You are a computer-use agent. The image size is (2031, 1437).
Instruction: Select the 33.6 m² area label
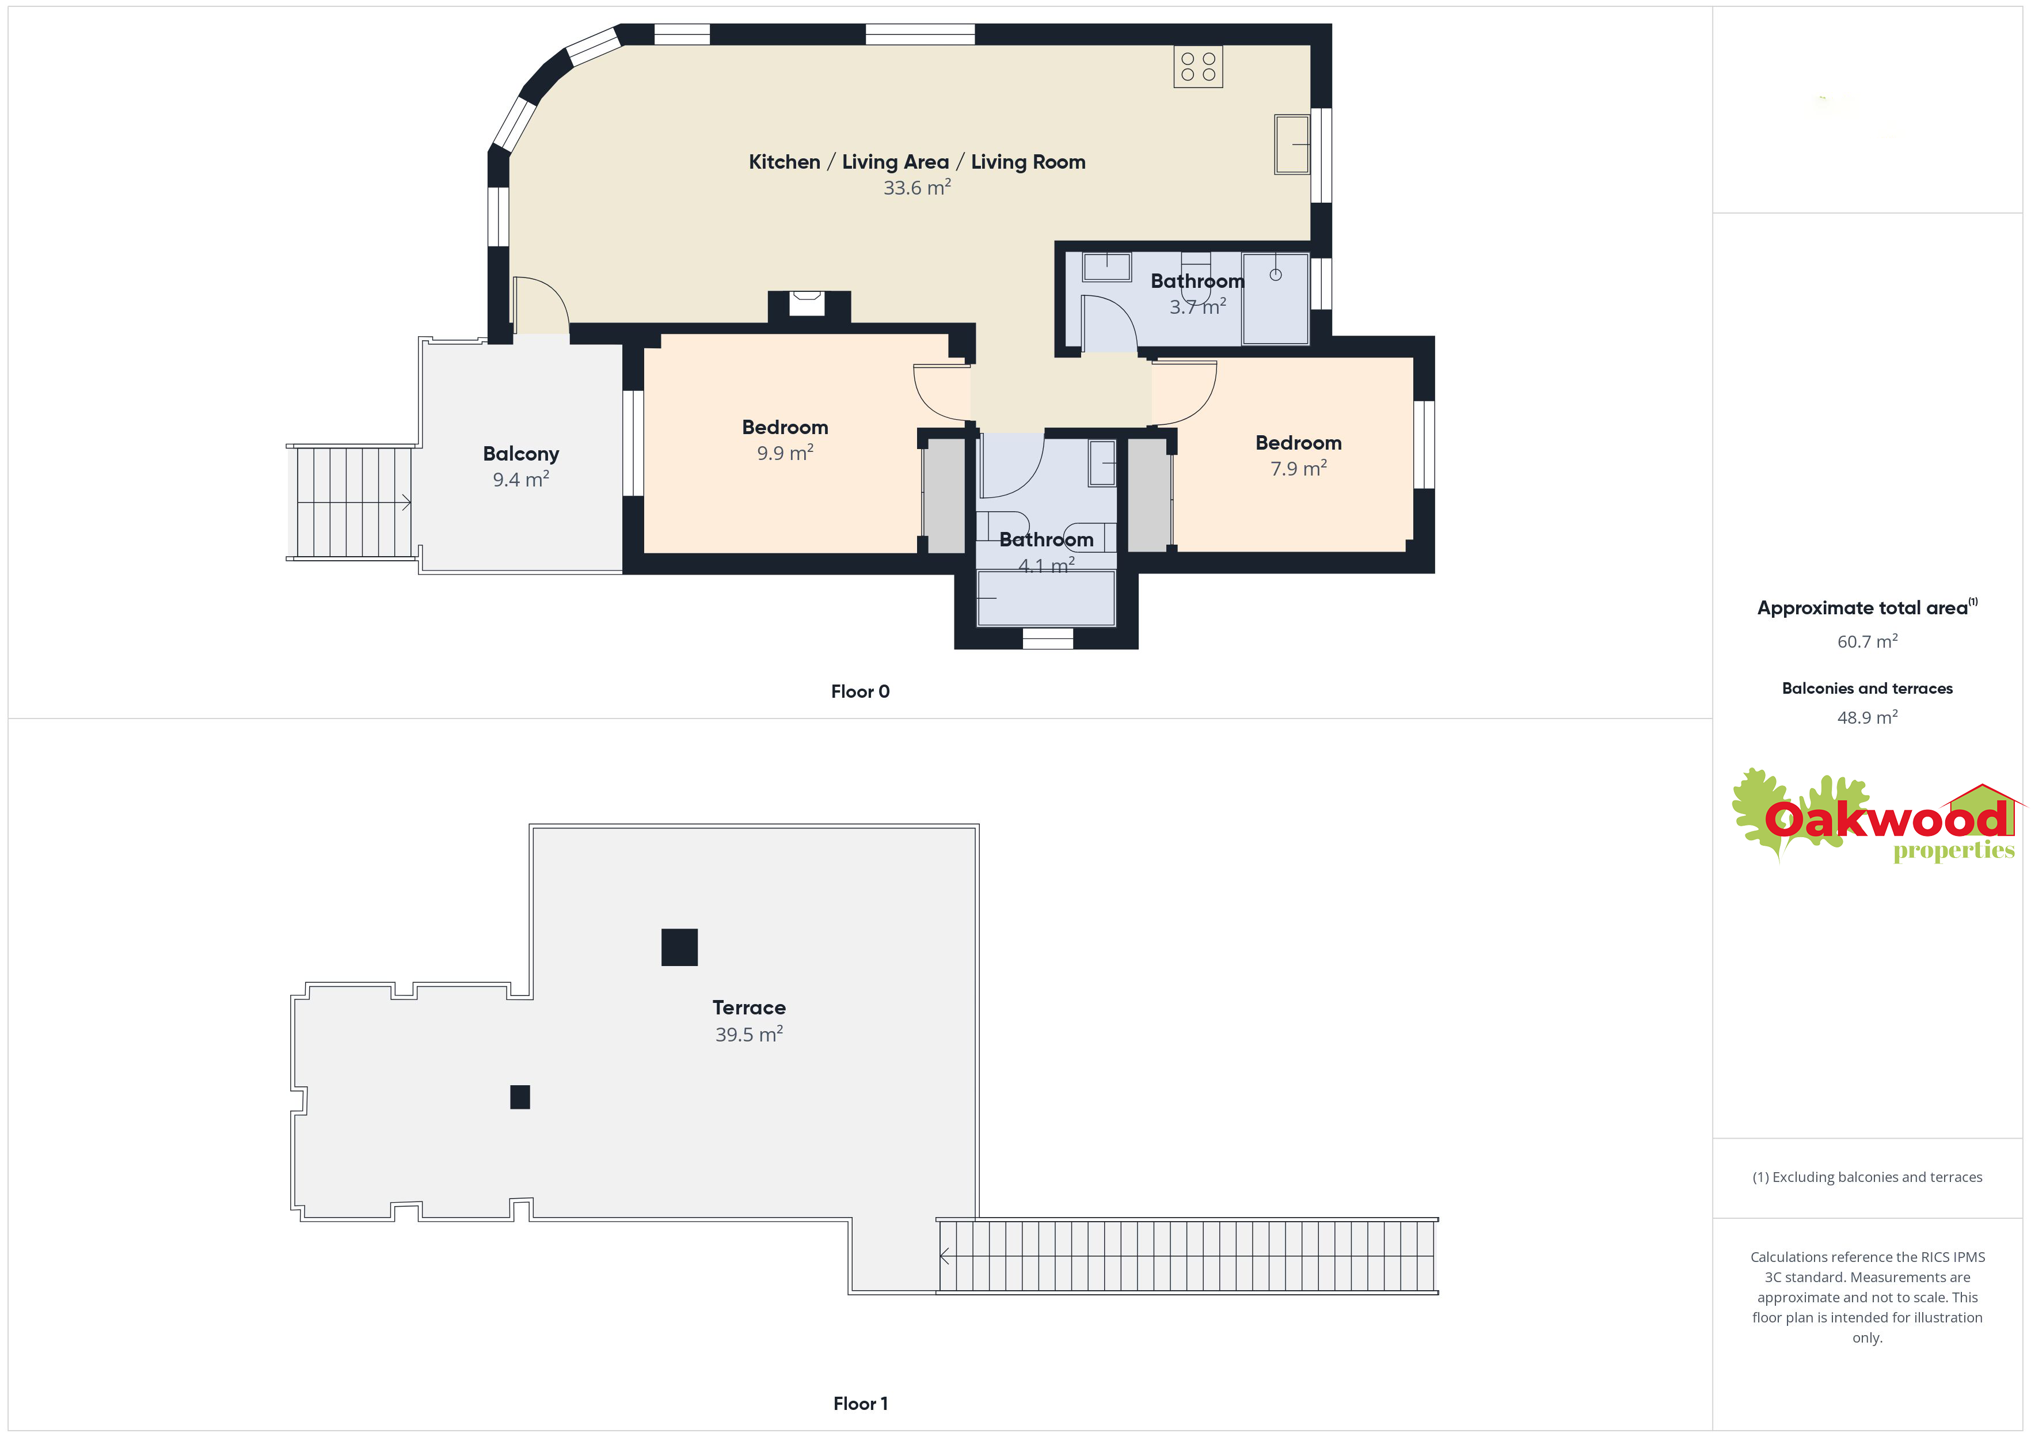[917, 188]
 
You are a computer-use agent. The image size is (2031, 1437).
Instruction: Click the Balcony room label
[521, 454]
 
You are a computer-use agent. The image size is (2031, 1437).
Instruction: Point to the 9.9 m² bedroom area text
[785, 453]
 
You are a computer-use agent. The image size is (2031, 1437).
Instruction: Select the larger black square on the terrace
[679, 947]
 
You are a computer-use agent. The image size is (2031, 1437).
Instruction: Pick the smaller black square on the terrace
[520, 1097]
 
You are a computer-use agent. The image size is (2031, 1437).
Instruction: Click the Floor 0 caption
[860, 692]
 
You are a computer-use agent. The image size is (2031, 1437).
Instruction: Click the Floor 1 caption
[860, 1404]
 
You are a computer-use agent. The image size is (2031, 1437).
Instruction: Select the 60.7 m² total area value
[1868, 641]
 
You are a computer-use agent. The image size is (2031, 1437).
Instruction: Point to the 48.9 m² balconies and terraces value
[1868, 717]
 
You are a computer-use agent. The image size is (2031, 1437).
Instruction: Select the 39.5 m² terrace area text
[749, 1035]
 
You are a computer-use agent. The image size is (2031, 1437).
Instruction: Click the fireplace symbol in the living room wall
[807, 303]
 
